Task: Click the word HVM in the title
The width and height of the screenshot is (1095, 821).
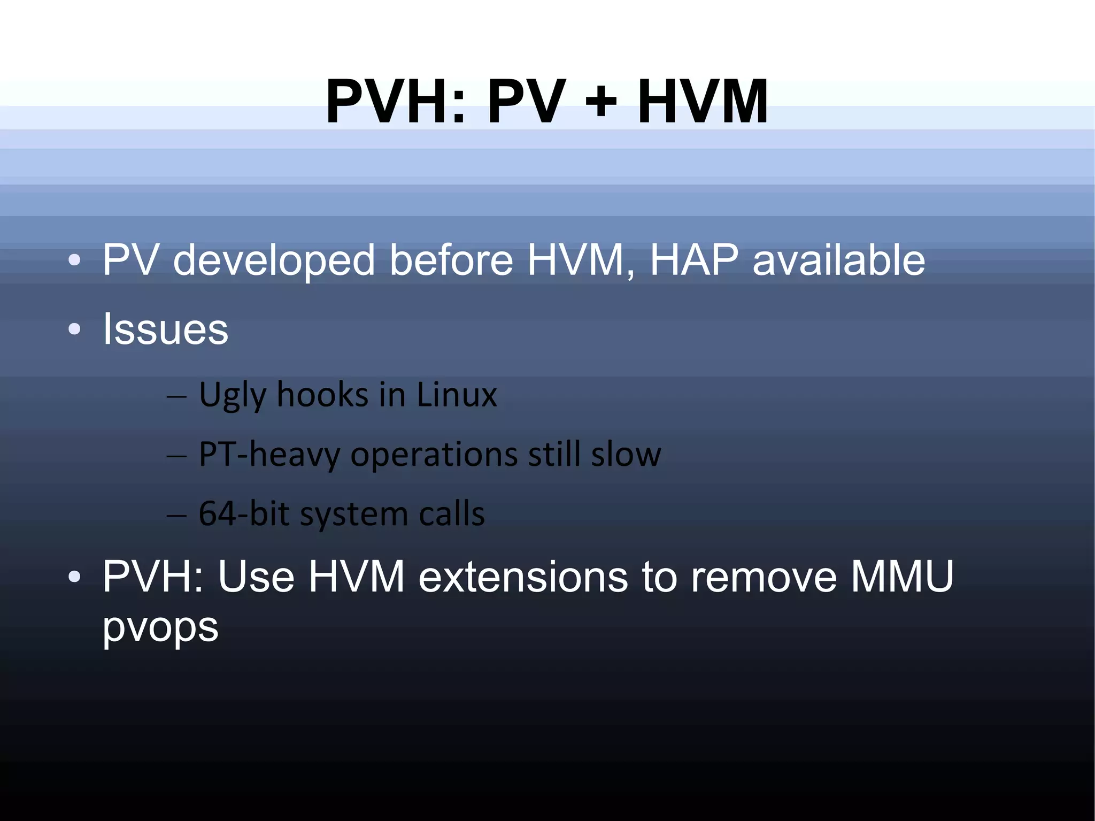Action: [703, 101]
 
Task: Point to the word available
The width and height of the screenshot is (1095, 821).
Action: [838, 260]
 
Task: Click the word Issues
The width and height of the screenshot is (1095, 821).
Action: [165, 328]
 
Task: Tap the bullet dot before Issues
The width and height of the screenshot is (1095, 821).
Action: [74, 329]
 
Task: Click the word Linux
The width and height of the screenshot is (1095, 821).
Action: [456, 395]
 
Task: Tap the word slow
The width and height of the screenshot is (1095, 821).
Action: [626, 455]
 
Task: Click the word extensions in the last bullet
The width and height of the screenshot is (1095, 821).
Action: [523, 577]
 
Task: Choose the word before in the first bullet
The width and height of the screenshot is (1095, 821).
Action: [451, 260]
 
